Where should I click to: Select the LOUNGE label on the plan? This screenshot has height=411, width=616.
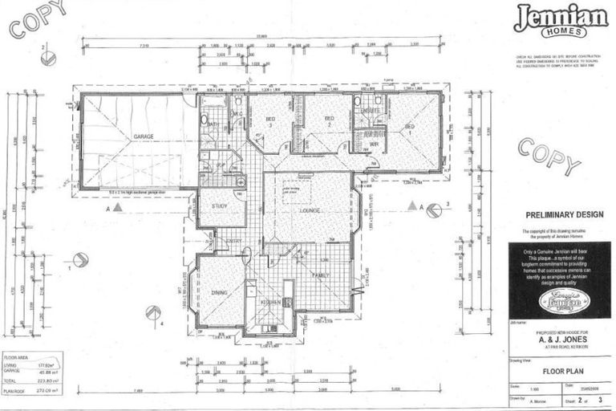coord(310,210)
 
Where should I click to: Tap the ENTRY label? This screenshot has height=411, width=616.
coord(233,241)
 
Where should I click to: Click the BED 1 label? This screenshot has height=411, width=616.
coord(409,127)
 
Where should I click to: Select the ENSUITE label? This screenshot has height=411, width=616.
coord(370,111)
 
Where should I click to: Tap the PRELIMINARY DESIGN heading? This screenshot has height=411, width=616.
coord(558,215)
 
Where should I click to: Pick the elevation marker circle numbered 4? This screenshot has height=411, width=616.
coord(151,313)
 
